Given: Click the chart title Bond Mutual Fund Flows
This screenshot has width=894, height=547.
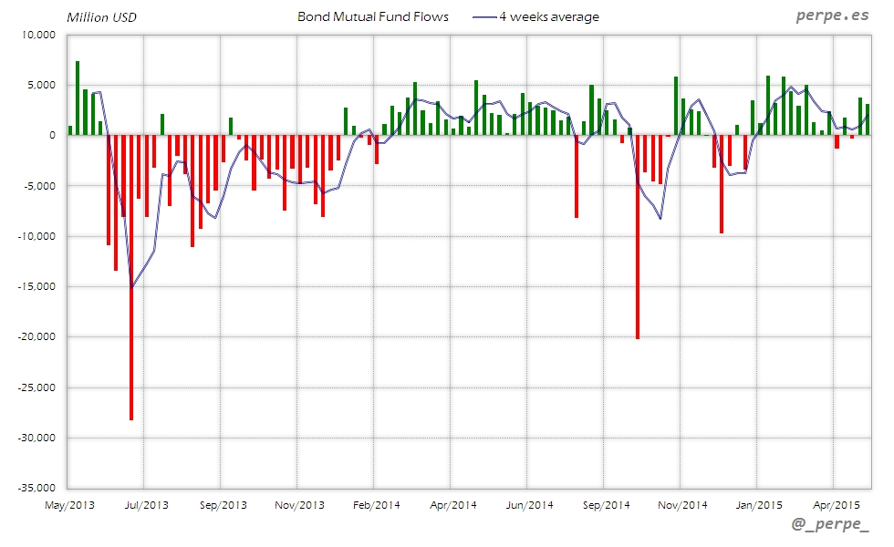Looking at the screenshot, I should pos(373,16).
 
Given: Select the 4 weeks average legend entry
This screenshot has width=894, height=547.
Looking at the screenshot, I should pos(548,16).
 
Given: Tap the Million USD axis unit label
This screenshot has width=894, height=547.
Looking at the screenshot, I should pos(101,17).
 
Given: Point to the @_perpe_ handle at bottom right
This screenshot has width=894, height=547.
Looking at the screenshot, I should pos(831,525).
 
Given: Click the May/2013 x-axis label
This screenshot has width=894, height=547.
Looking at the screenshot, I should pos(69,504).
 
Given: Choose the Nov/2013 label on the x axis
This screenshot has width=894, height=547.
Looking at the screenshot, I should pos(299,504).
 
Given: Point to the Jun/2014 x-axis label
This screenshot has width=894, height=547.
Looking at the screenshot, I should pos(529,504).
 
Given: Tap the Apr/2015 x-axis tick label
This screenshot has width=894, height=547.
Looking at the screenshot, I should pos(836,504).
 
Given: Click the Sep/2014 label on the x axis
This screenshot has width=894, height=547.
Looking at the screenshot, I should pos(606,504).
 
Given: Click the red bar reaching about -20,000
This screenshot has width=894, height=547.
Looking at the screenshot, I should pos(637,237).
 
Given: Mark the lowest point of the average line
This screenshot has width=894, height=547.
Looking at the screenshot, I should pos(131,287).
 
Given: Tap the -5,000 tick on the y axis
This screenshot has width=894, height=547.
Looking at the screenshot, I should pos(39,186).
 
